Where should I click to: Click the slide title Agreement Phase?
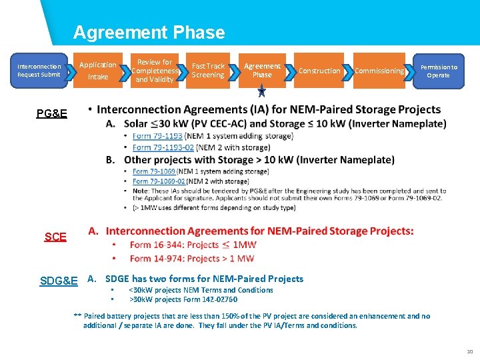(149, 33)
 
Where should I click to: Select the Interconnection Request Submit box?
(39, 71)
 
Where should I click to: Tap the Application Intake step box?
(98, 71)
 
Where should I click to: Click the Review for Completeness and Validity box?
(155, 71)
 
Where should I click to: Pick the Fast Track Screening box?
(208, 71)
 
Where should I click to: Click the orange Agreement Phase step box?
(262, 71)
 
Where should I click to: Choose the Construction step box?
(319, 71)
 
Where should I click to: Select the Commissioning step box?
(379, 71)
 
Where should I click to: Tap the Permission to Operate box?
(438, 71)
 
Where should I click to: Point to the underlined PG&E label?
(52, 114)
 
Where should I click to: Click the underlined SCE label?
(55, 237)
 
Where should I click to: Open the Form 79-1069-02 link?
(159, 181)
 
